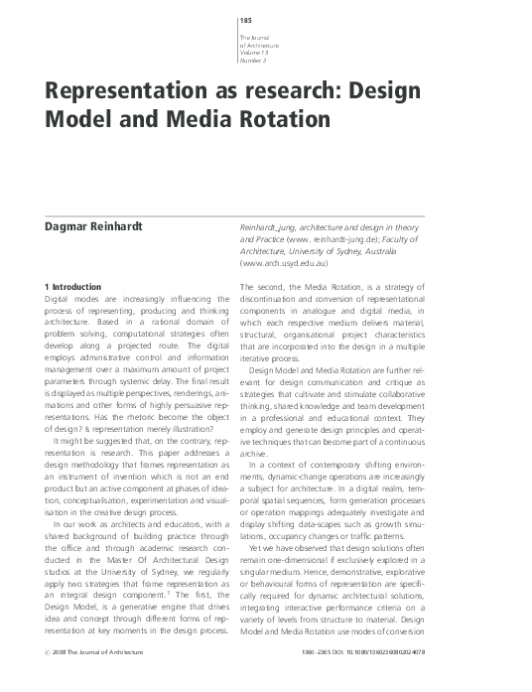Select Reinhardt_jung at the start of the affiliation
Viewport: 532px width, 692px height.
point(271,227)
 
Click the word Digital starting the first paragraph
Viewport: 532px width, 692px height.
point(64,300)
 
